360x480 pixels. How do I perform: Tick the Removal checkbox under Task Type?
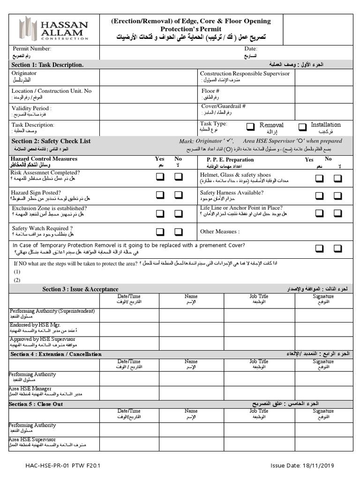(x=251, y=127)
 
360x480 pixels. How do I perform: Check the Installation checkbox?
(x=302, y=127)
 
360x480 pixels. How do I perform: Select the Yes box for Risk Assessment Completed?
(x=160, y=177)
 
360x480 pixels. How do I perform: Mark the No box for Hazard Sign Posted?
(x=179, y=195)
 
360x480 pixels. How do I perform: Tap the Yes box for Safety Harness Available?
(x=319, y=195)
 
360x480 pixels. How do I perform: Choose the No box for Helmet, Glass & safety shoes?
(x=337, y=178)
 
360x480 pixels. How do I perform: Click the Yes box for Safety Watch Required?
(x=160, y=232)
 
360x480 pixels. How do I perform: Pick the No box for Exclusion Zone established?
(x=179, y=213)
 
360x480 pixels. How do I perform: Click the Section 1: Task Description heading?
(x=47, y=65)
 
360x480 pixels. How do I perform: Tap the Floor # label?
(x=210, y=91)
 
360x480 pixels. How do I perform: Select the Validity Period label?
(x=31, y=108)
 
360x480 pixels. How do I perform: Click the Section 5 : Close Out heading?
(x=36, y=404)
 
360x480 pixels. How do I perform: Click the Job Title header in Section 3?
(x=259, y=296)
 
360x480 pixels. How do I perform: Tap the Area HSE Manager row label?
(x=30, y=389)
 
